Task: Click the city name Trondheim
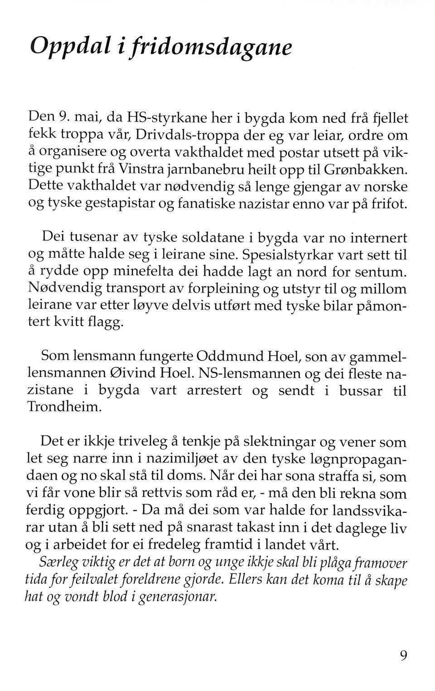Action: click(x=63, y=406)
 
